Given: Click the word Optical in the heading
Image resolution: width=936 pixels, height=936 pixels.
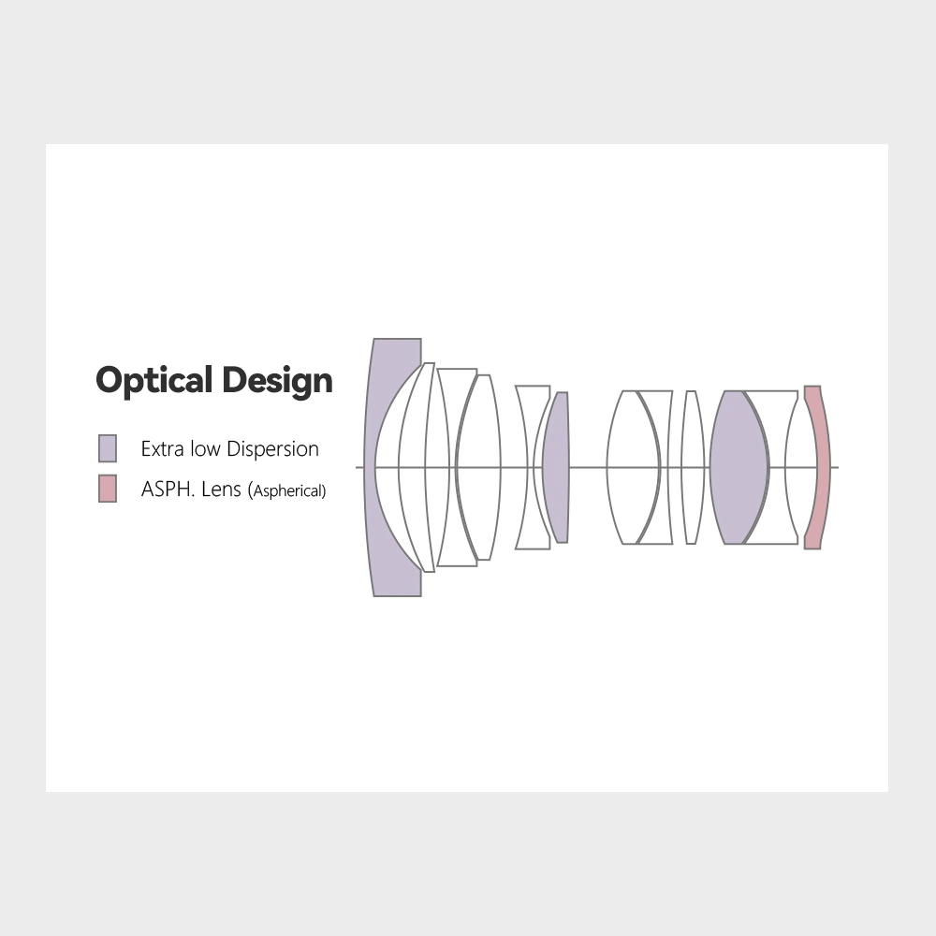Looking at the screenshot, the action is tap(154, 381).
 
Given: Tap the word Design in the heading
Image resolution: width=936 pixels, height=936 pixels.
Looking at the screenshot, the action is tap(277, 381).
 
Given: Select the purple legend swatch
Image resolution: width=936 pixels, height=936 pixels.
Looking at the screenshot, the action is tap(108, 448).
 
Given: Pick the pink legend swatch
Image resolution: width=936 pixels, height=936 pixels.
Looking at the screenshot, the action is tap(108, 489).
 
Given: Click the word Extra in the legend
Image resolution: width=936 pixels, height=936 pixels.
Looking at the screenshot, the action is tap(162, 449).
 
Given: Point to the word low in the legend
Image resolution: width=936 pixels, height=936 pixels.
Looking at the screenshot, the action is tap(205, 449).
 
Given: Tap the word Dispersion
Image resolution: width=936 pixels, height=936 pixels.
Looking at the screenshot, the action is tap(272, 449).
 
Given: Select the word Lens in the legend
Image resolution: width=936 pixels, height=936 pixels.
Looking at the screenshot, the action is tap(222, 489).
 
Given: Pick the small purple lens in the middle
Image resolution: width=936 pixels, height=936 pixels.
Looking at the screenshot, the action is tap(556, 467).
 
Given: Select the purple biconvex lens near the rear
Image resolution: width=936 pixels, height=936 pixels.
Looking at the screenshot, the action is tap(739, 467).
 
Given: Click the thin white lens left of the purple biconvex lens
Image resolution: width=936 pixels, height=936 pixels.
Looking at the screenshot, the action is tap(693, 467).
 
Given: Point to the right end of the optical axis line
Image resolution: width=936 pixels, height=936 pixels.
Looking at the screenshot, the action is tap(838, 467).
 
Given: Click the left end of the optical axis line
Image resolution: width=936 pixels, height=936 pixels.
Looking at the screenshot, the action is tap(357, 467).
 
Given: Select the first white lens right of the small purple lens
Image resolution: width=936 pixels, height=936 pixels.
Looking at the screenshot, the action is tap(632, 467).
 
